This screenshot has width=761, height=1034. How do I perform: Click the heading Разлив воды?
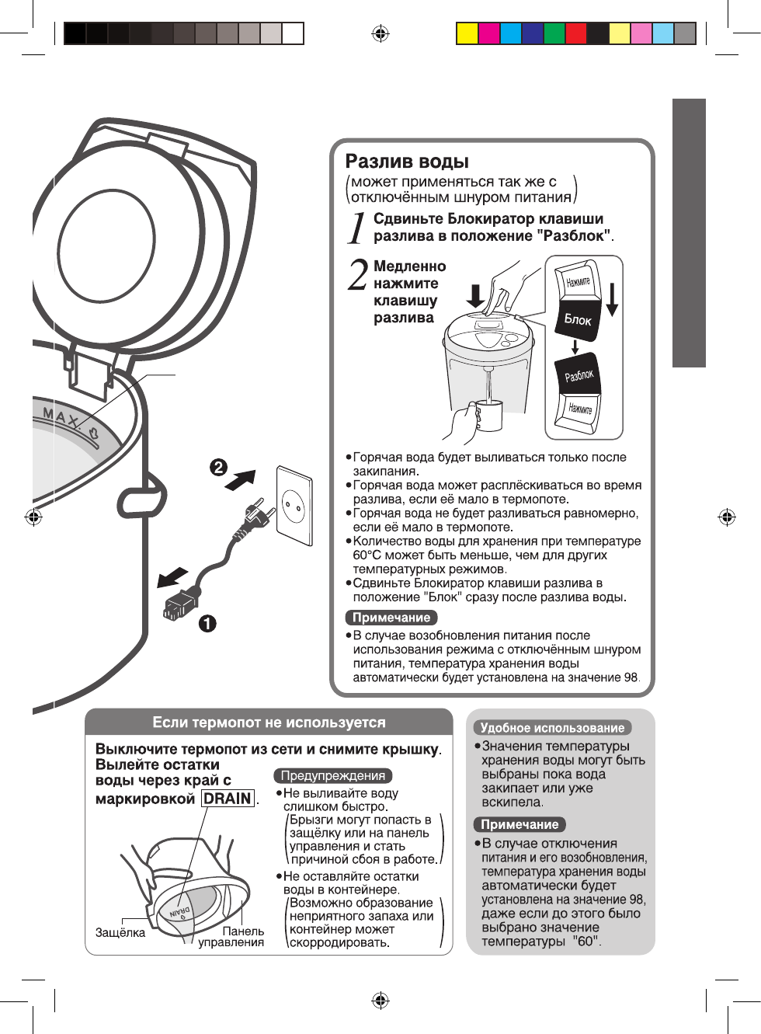[x=407, y=162]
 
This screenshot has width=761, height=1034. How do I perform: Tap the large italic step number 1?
[x=356, y=228]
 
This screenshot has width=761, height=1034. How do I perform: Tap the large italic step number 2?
[x=358, y=274]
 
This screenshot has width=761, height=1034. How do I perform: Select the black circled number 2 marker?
[x=218, y=467]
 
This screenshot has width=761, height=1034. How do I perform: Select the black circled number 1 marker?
[x=207, y=623]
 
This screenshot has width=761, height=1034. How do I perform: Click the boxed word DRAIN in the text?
[x=228, y=799]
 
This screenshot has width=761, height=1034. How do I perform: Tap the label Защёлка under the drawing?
[x=120, y=932]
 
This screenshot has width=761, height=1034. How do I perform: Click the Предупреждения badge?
[x=333, y=775]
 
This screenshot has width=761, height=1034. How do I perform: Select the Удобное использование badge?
[x=552, y=728]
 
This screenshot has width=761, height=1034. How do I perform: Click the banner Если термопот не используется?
[x=269, y=722]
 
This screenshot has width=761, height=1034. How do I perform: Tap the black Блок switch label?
[x=578, y=319]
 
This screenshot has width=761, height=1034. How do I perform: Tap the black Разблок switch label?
[x=579, y=376]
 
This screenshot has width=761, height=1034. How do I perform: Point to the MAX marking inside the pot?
[x=62, y=417]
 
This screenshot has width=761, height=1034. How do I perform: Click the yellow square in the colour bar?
[x=467, y=33]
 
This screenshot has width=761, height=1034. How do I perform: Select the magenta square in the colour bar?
[x=489, y=33]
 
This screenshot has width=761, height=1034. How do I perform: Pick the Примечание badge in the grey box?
[x=519, y=824]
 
